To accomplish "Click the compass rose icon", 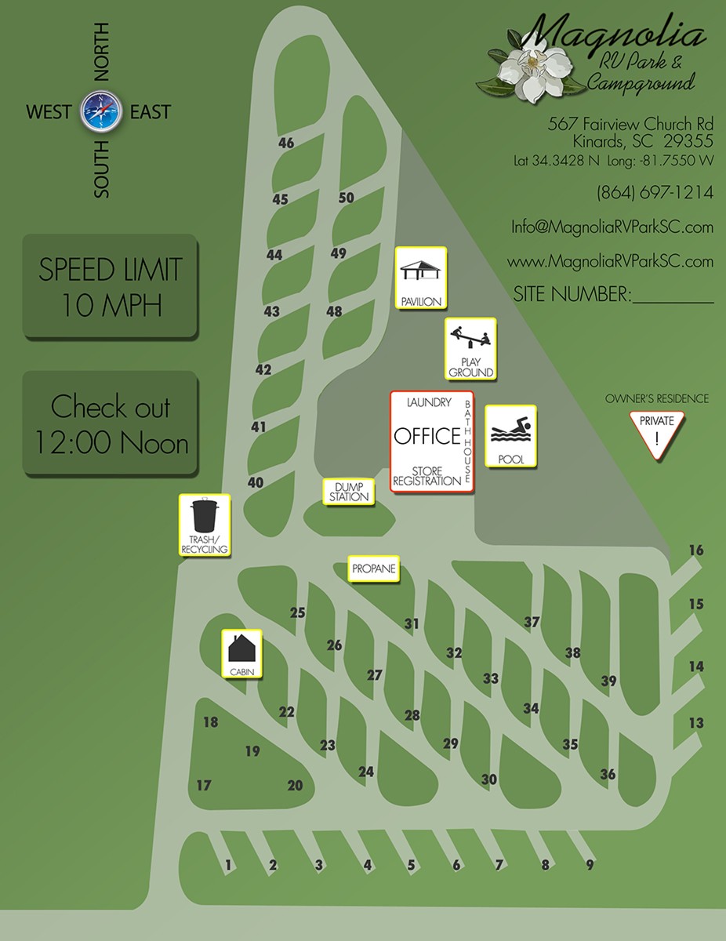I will coord(99,111).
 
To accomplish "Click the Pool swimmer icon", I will coord(510,431).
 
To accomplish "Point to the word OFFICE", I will coord(426,436).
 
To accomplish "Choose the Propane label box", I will coord(373,569).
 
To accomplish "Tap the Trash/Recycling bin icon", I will coord(204,518).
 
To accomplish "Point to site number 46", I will coord(286,144).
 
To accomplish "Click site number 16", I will coord(696,550).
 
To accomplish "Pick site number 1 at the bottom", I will coord(228,866).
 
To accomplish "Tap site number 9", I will coord(590,866).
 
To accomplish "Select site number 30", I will coord(489,779).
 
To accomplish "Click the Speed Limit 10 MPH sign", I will coord(110,287).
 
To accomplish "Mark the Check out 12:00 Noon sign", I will coord(110,424).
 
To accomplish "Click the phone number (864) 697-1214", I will coord(655,193).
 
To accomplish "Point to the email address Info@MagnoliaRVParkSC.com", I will coord(612,227).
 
